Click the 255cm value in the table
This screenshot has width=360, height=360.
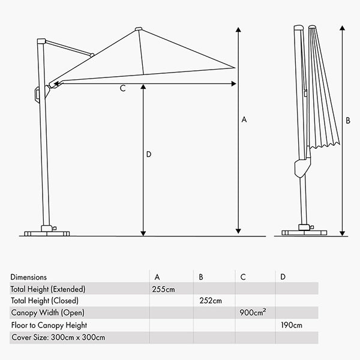point(164,289)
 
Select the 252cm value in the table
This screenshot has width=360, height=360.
point(210,301)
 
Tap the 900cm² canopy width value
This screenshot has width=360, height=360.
point(252,313)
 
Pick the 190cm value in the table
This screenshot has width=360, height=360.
point(291,325)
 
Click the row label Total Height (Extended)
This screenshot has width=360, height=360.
point(48,289)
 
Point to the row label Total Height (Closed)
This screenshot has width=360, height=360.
point(44,301)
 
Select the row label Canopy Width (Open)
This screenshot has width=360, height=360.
point(48,313)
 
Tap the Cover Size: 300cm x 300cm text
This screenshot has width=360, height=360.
point(58,338)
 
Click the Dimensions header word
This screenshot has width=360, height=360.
point(28,277)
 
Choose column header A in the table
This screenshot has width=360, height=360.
point(157,277)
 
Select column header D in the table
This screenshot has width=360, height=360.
point(283,277)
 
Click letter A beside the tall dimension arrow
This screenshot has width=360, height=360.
point(244,120)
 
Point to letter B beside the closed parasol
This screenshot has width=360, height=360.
point(348,120)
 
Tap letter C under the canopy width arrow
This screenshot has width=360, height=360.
point(122,89)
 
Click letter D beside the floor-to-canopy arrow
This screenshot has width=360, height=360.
point(149,154)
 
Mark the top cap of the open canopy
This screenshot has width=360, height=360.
point(139,28)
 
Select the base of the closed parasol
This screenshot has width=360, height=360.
point(307,231)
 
